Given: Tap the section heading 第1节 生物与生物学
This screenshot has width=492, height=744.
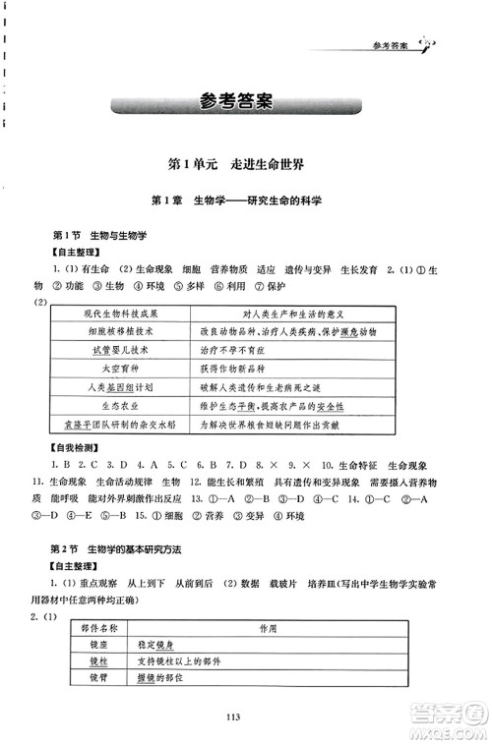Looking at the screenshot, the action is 98,237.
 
